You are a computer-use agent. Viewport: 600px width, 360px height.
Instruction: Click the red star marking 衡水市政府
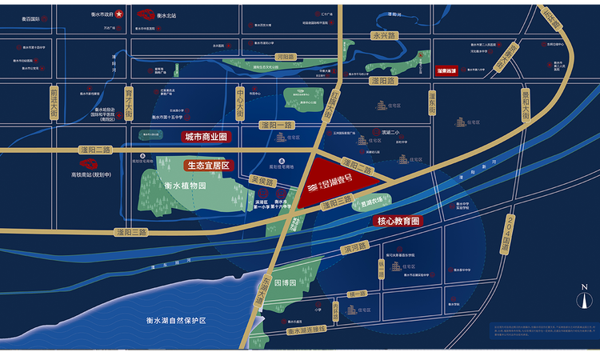119,14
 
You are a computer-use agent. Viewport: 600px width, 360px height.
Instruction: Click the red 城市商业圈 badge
206,137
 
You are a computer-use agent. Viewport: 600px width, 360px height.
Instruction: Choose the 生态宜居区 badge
207,166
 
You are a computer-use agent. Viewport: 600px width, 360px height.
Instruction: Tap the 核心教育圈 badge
398,220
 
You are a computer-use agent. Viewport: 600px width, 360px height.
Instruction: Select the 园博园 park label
284,283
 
